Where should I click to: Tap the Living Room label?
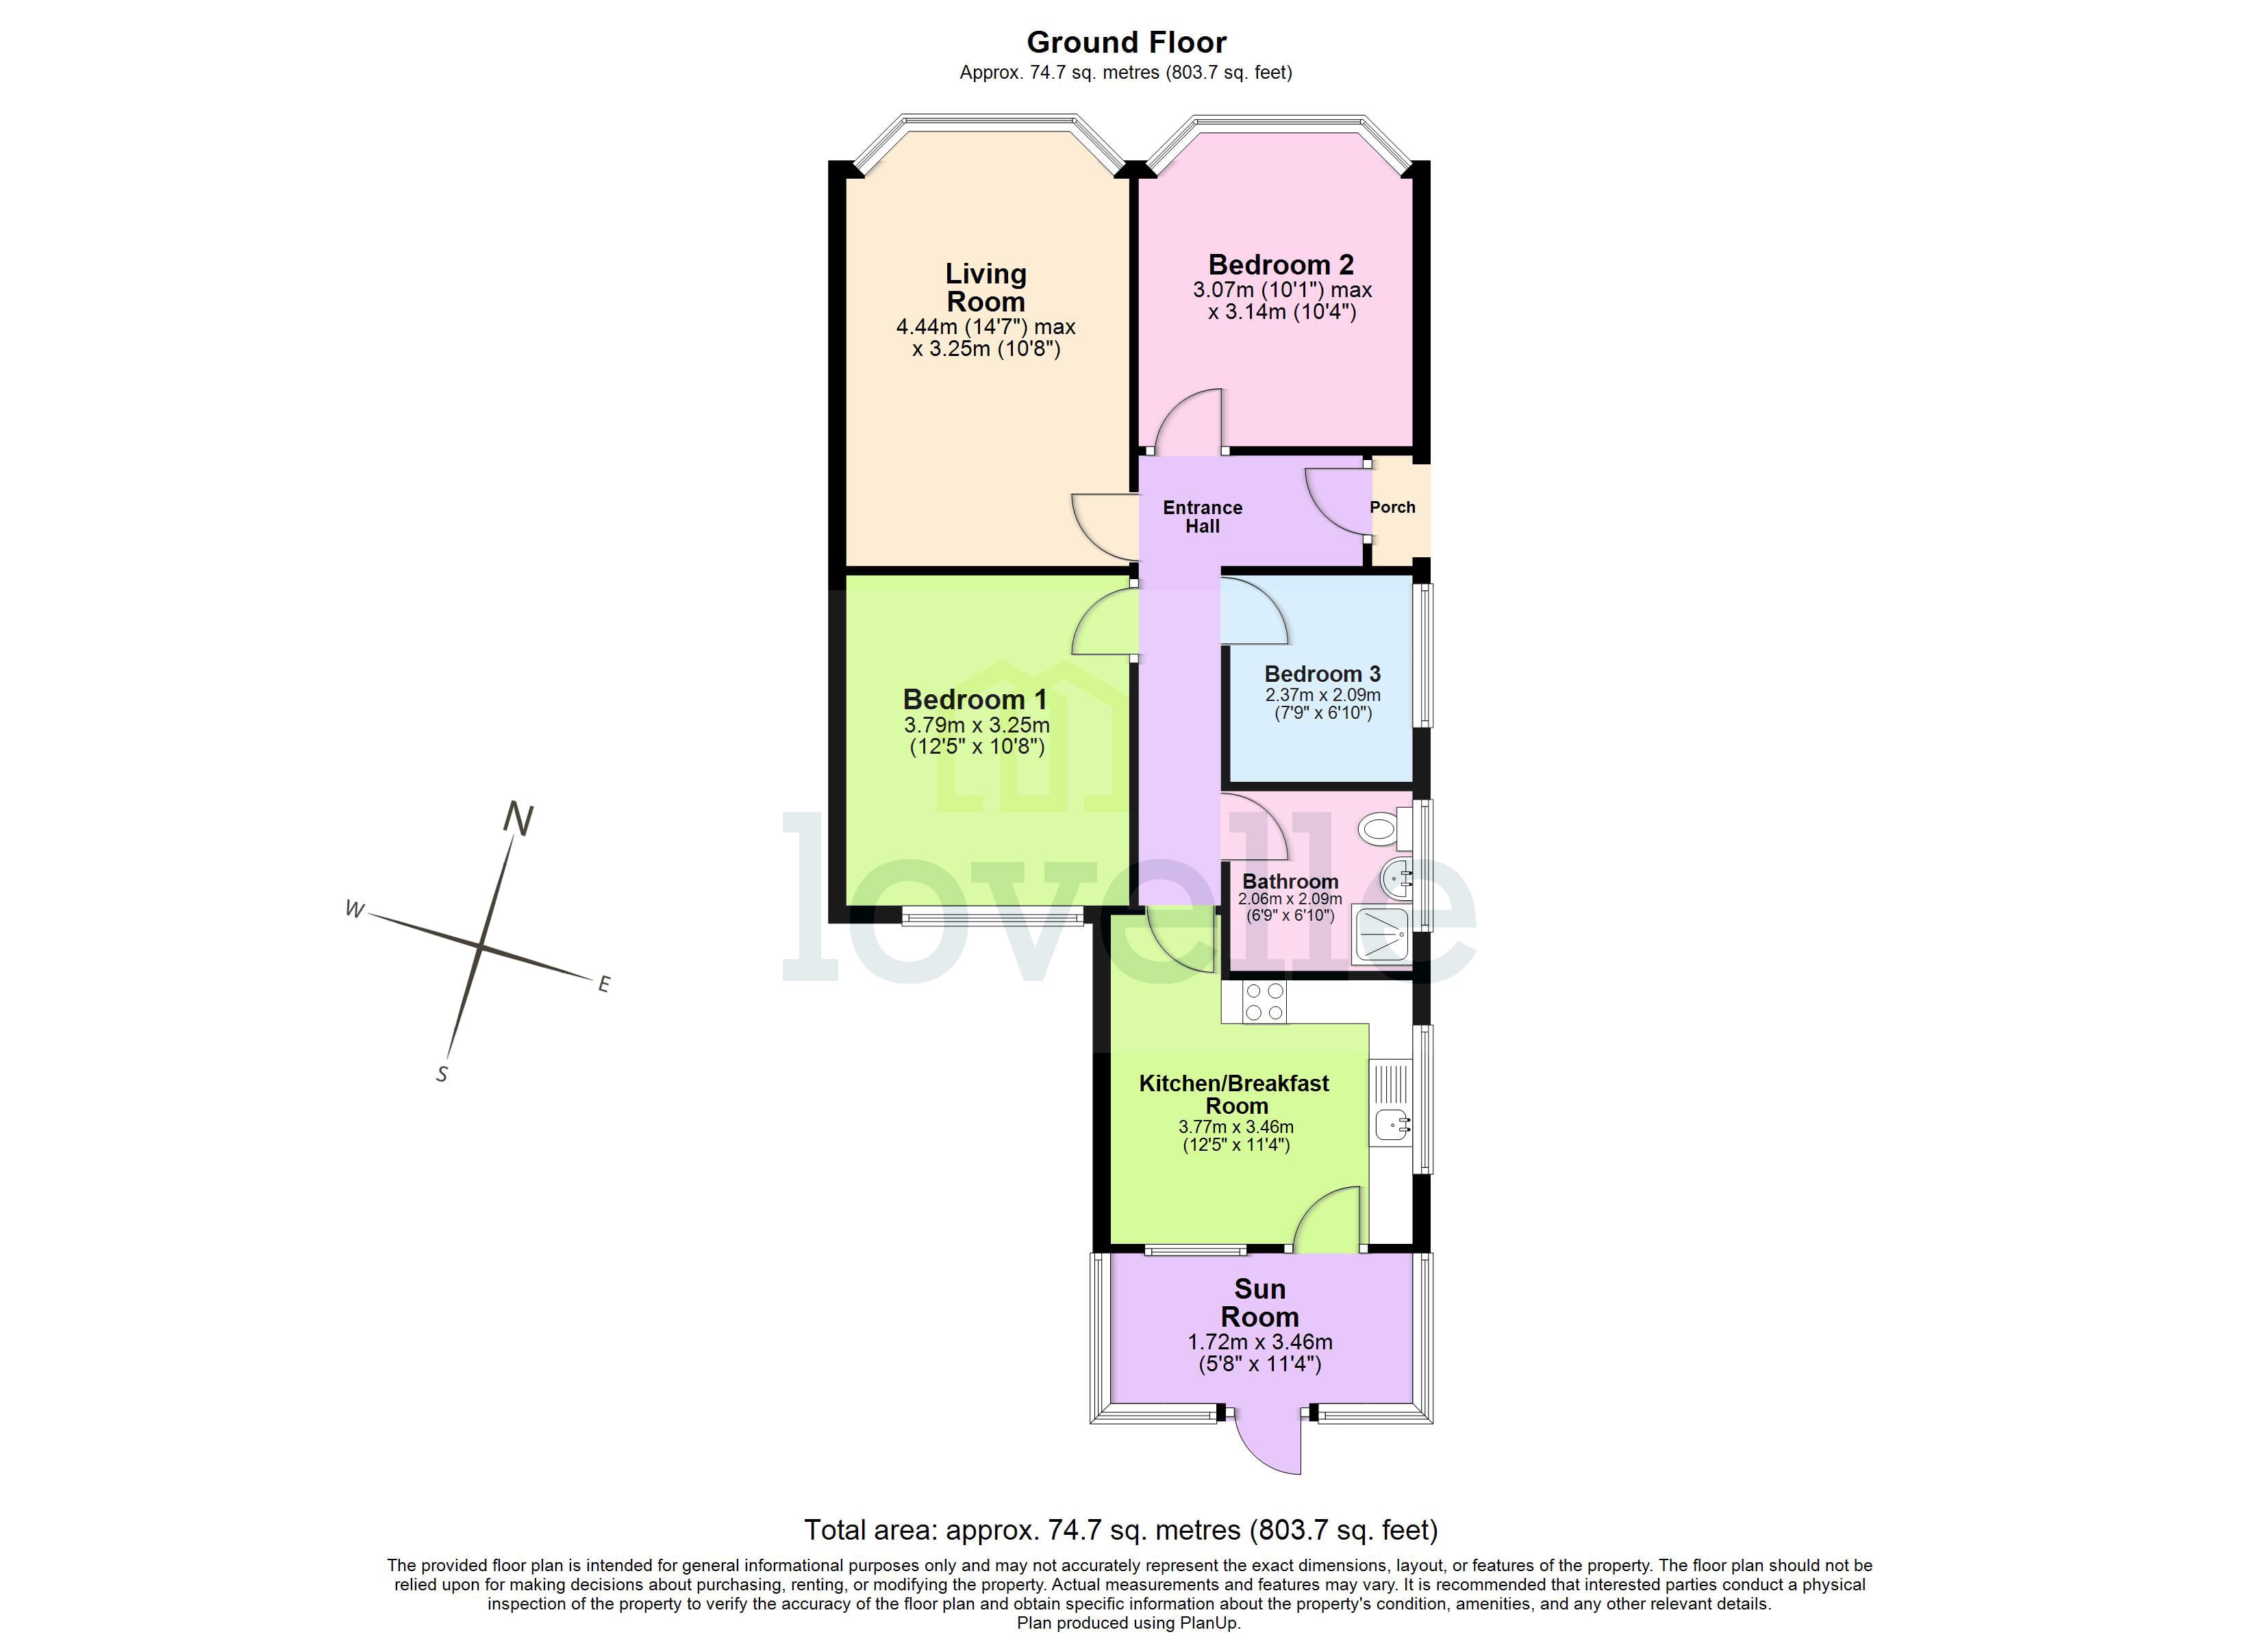(985, 287)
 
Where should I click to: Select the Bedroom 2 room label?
(1281, 265)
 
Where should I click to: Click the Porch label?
(1392, 507)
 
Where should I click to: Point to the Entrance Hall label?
(1202, 516)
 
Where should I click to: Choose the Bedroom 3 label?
(1322, 674)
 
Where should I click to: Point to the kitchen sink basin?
(1392, 1125)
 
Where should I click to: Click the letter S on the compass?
(442, 1074)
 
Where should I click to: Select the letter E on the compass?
(603, 984)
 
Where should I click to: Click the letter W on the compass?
(353, 908)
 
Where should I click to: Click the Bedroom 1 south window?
(992, 917)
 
